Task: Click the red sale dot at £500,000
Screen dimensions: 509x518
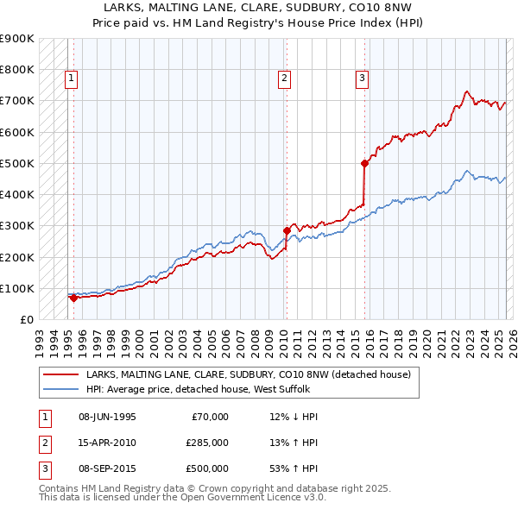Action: [x=365, y=162]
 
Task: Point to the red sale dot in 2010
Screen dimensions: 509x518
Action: [x=287, y=230]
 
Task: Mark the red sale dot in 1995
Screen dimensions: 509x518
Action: [x=73, y=298]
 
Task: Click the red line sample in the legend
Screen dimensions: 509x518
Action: [x=60, y=374]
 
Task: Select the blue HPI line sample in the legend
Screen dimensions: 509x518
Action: [x=60, y=389]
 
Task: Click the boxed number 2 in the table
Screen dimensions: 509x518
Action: [x=44, y=443]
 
